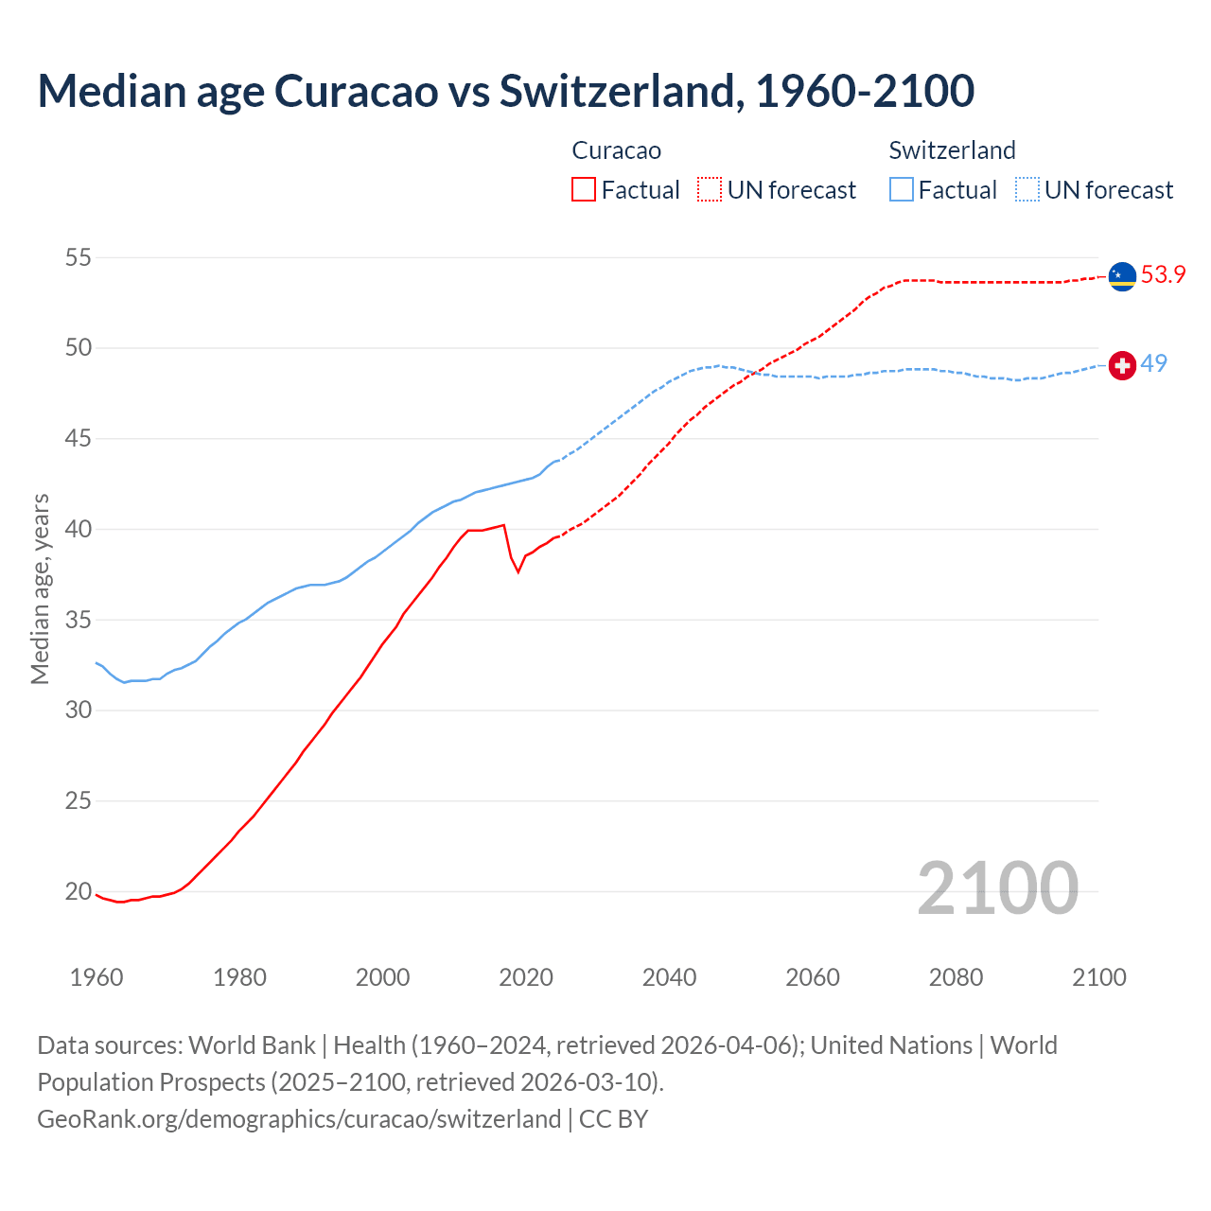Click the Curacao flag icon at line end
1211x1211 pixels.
1122,276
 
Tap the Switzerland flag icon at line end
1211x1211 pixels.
1122,365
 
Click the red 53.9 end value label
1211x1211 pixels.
1163,275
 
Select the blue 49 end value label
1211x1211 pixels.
1153,364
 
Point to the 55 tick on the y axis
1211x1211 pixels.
79,257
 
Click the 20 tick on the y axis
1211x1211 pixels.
79,891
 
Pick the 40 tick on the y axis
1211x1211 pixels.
79,529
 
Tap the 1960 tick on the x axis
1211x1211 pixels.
97,977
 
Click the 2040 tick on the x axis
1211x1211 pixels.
669,977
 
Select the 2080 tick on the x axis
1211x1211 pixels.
956,977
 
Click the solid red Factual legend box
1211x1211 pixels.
584,190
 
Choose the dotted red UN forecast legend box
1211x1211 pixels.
710,190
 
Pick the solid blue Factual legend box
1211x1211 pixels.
902,190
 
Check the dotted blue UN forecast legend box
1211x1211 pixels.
1027,190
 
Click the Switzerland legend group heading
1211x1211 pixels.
952,150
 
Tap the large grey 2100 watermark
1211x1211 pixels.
997,887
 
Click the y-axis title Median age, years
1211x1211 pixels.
40,588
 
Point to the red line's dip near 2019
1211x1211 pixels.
518,571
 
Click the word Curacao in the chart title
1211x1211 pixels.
357,91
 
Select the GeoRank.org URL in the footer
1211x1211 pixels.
299,1119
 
